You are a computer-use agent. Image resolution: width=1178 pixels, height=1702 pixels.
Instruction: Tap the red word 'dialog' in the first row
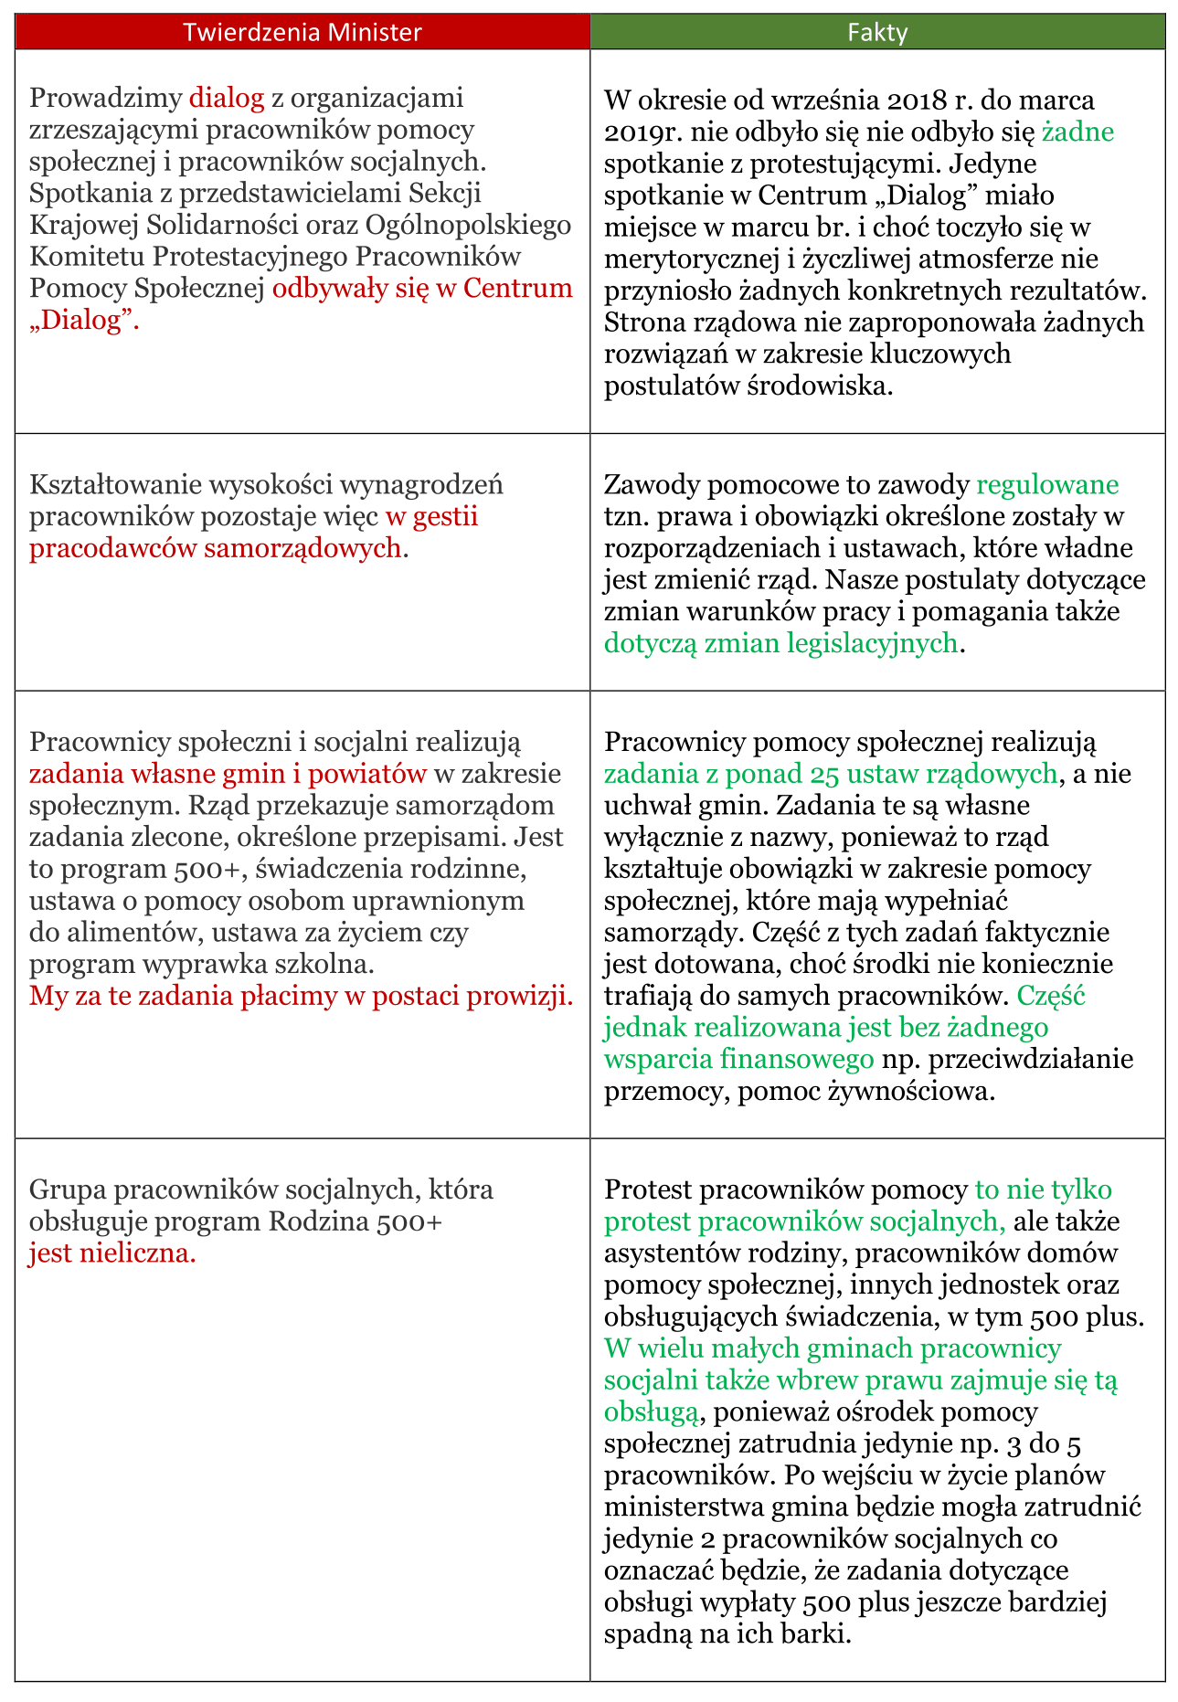tap(227, 98)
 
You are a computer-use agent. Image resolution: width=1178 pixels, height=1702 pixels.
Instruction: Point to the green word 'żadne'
tap(1078, 132)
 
